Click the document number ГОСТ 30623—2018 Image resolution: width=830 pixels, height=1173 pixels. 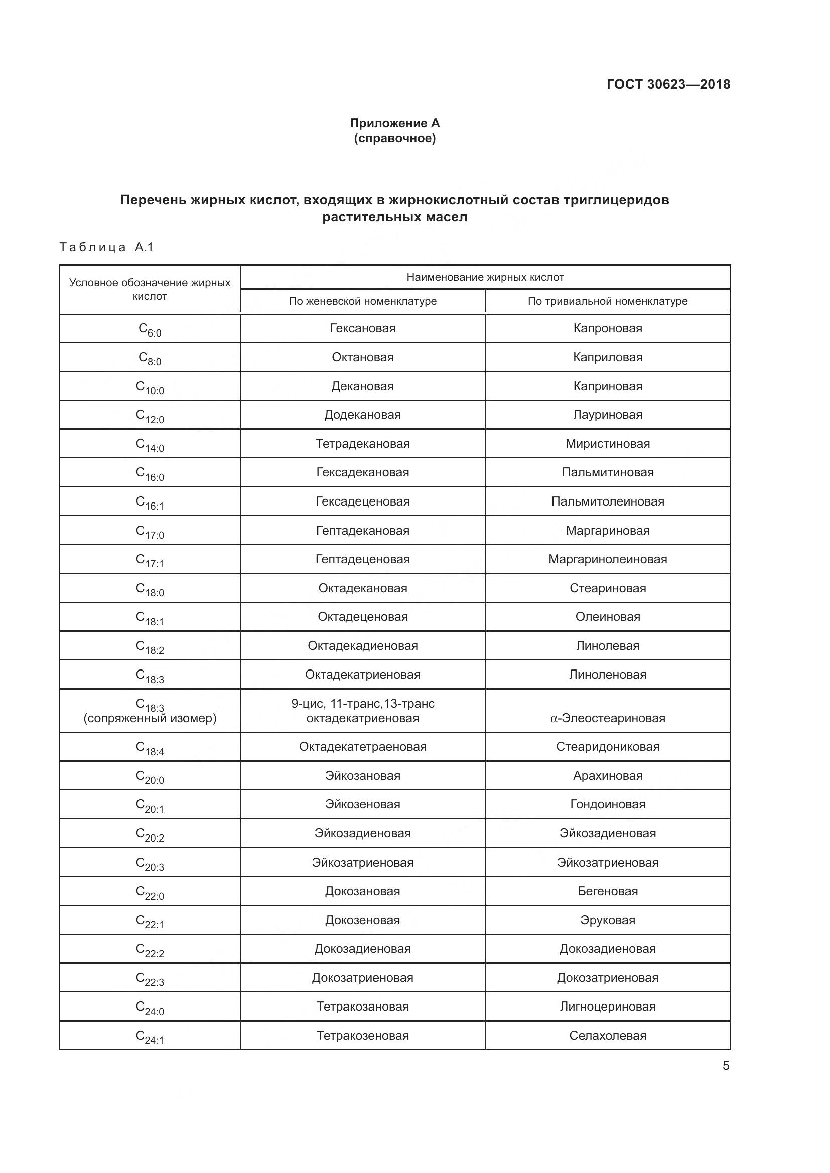click(668, 84)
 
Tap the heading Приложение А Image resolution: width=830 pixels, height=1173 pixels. click(394, 123)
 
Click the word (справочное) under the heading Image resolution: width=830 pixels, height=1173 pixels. click(394, 139)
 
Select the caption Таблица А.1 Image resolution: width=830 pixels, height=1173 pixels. click(106, 247)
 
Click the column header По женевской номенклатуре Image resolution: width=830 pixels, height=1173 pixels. click(362, 301)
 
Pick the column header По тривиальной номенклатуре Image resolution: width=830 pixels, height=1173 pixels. click(607, 301)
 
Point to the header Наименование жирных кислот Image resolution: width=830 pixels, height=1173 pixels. click(485, 277)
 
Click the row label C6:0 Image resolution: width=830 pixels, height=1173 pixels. click(150, 329)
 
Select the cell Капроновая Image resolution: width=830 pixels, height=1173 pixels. click(607, 328)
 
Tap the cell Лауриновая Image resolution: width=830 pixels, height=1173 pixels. click(607, 415)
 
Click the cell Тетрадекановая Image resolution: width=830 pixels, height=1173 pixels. click(362, 444)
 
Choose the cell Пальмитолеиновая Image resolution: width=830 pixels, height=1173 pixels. click(607, 501)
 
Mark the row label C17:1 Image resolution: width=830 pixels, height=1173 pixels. click(150, 561)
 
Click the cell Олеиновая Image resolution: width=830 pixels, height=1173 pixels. click(607, 617)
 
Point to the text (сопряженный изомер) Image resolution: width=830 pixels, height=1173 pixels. click(150, 718)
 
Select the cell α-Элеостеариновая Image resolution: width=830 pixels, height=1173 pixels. click(607, 718)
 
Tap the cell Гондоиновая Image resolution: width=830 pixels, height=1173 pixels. click(607, 804)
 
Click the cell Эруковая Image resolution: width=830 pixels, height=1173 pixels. click(607, 920)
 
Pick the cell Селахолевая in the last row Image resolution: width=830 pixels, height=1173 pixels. click(607, 1036)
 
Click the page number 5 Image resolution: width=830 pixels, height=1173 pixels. click(725, 1066)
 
